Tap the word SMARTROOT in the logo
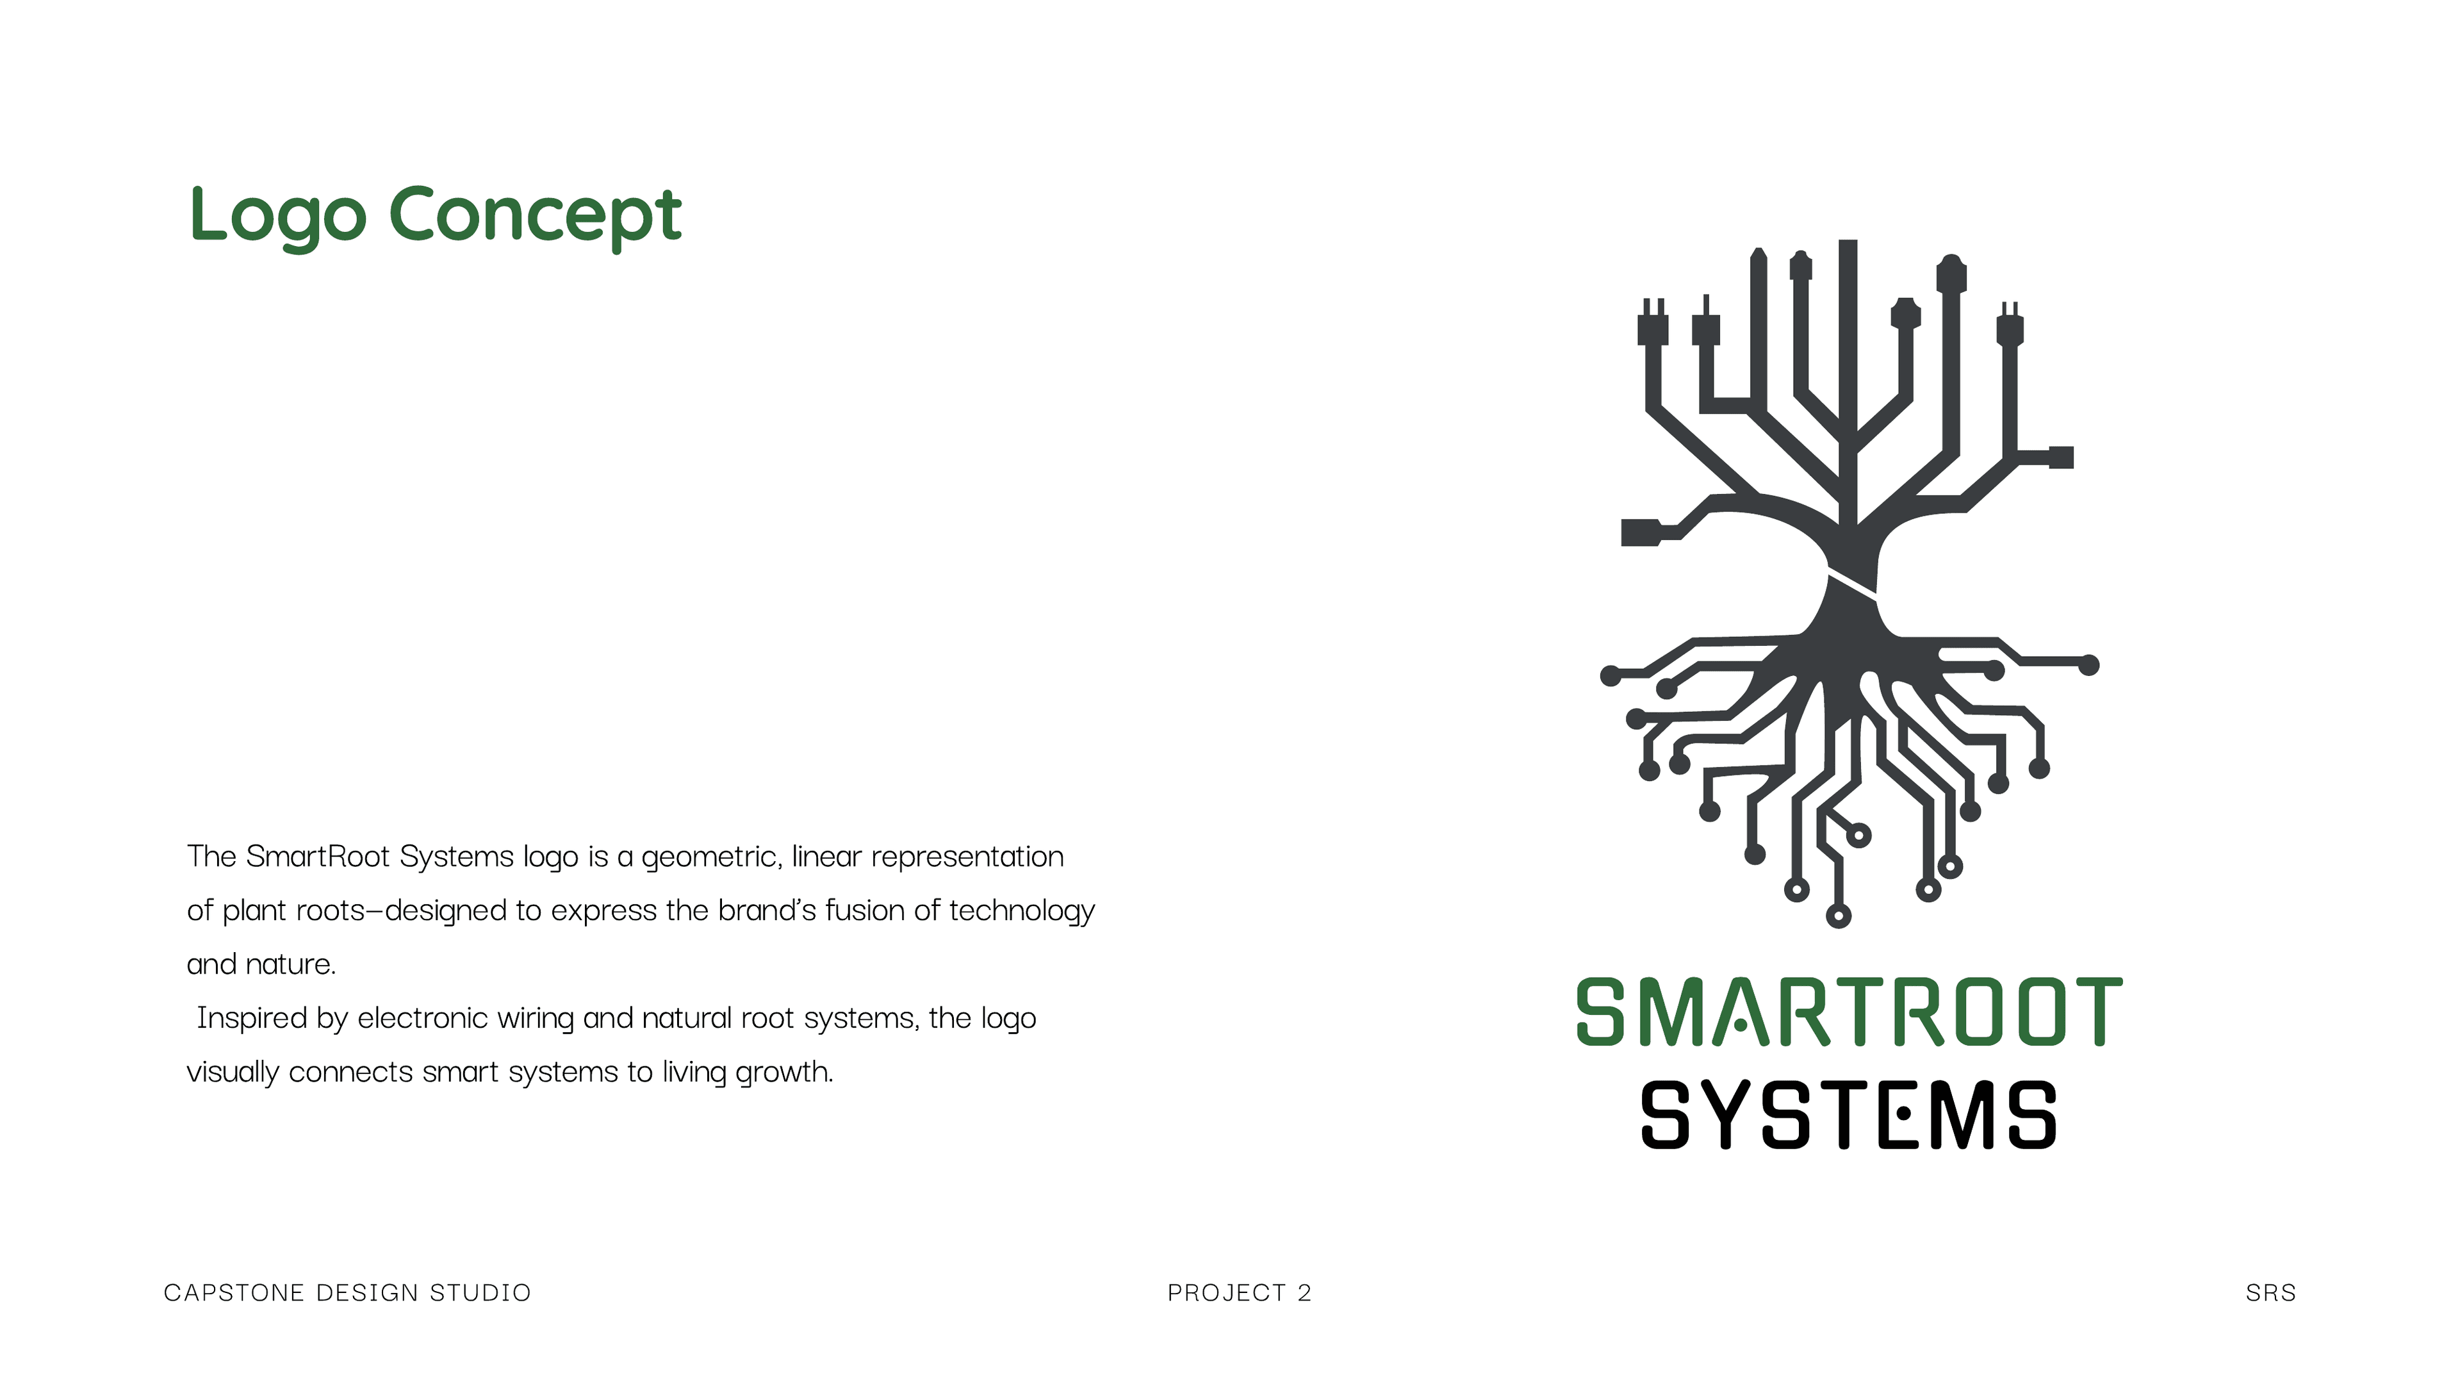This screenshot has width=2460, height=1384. click(x=1848, y=1012)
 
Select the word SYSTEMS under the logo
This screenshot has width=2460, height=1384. click(x=1848, y=1116)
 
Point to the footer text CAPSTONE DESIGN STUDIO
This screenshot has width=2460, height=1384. click(x=347, y=1293)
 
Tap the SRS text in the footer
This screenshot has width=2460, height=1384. click(x=2270, y=1293)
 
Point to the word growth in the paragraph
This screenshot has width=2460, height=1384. click(x=783, y=1073)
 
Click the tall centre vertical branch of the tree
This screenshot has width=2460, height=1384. click(x=1848, y=382)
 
